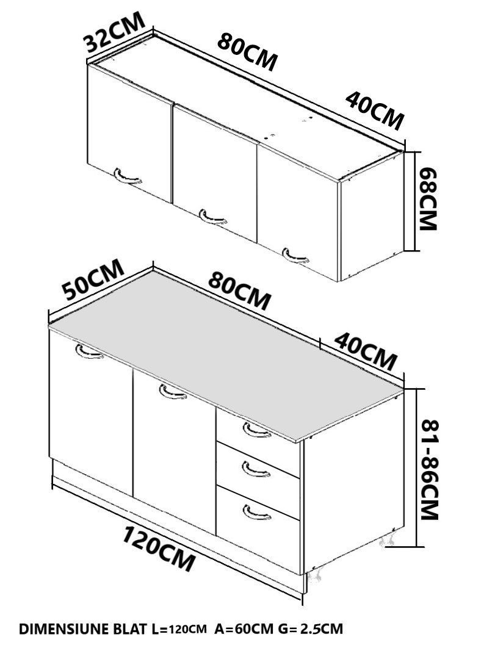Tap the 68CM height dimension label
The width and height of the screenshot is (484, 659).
tap(429, 199)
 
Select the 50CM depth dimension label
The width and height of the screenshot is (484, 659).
tap(93, 279)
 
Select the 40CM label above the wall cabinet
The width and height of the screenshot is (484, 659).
tap(374, 110)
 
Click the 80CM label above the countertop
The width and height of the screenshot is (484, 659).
tap(239, 291)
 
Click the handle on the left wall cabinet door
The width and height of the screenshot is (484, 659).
tap(128, 177)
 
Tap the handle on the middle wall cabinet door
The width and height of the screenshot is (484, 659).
tap(213, 217)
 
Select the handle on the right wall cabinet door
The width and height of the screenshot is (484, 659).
tap(295, 256)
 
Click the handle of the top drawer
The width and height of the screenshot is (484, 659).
tap(256, 431)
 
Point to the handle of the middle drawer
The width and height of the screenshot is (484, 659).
tap(256, 470)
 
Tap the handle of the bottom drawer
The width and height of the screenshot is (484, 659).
tap(256, 513)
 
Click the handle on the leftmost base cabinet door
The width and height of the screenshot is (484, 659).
tap(89, 352)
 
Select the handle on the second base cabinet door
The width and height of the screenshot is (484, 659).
tap(173, 392)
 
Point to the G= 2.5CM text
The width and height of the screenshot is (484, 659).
tap(310, 629)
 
